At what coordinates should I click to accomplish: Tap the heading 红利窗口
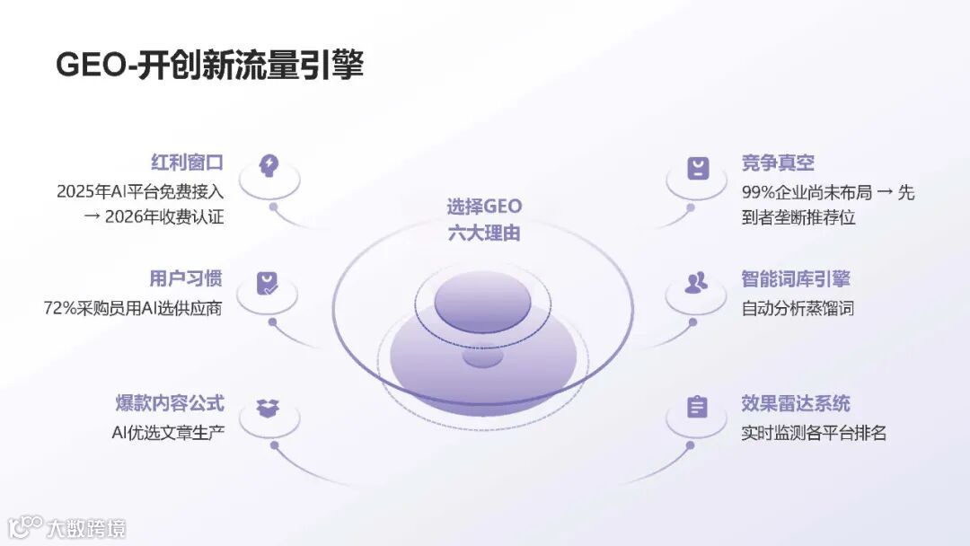[187, 163]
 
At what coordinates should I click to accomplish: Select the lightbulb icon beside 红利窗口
[269, 165]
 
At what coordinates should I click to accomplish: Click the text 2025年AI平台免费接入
[139, 191]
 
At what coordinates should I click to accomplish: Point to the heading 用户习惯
[187, 278]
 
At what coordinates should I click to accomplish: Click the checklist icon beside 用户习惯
[268, 283]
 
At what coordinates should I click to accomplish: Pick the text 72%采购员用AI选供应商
[133, 308]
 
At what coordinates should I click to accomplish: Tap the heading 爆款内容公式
[170, 403]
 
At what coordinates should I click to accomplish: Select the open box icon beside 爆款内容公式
[268, 408]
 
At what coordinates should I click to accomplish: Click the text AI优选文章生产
[168, 433]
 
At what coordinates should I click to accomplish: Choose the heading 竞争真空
[778, 163]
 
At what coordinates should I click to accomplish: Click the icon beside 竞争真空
[698, 168]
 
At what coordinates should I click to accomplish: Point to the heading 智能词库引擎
[796, 278]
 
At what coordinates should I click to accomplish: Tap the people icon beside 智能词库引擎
[696, 283]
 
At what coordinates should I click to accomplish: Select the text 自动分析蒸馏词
[798, 308]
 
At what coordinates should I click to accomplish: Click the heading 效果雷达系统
[796, 403]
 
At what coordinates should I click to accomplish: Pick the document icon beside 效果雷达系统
[697, 408]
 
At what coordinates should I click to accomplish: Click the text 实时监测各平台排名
[814, 433]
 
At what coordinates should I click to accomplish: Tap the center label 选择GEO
[484, 206]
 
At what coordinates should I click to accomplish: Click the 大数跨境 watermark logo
[67, 526]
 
